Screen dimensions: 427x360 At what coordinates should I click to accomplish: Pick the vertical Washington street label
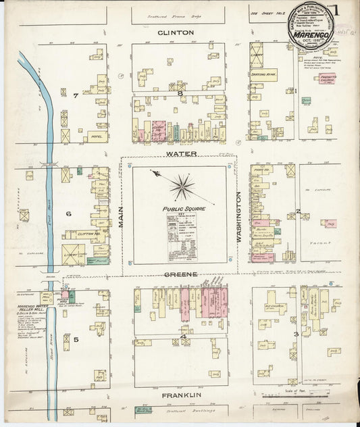tap(239, 216)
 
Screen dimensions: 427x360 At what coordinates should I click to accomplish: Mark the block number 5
tap(76, 339)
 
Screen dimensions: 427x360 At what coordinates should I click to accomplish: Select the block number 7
tap(76, 95)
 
